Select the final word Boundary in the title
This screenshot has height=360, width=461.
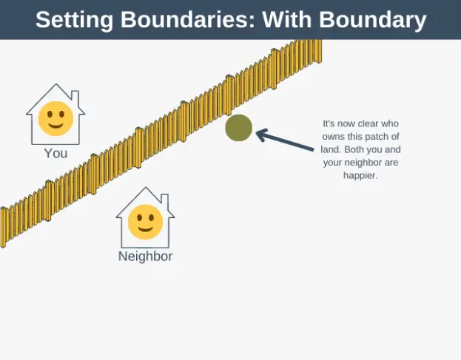pyautogui.click(x=371, y=20)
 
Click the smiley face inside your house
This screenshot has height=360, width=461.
pyautogui.click(x=55, y=120)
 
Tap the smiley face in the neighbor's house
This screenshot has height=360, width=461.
pyautogui.click(x=145, y=223)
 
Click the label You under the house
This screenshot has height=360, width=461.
pyautogui.click(x=55, y=154)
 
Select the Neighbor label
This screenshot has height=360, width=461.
pyautogui.click(x=145, y=257)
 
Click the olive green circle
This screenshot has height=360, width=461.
pyautogui.click(x=239, y=128)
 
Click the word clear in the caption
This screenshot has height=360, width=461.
pyautogui.click(x=366, y=124)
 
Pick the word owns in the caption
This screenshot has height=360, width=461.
pyautogui.click(x=334, y=137)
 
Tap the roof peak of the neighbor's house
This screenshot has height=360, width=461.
pyautogui.click(x=145, y=189)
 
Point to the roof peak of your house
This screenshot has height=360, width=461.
pyautogui.click(x=55, y=86)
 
